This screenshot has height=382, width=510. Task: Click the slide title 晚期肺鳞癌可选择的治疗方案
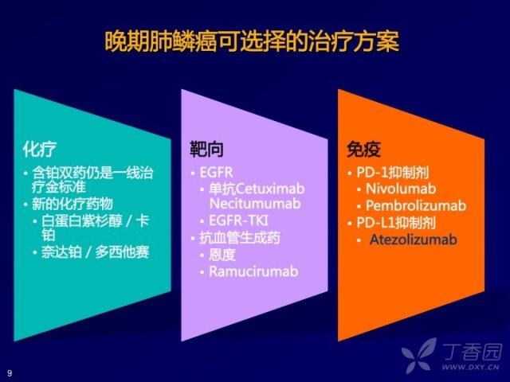[x=252, y=41]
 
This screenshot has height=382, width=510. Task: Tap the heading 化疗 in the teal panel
[x=40, y=150]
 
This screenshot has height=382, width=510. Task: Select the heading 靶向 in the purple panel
[x=206, y=150]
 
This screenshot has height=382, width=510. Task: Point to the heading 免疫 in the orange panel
[x=363, y=150]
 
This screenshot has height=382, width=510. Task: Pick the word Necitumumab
[x=255, y=204]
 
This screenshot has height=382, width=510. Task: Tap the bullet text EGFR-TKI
[x=238, y=220]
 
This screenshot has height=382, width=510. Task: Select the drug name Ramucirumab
[x=253, y=271]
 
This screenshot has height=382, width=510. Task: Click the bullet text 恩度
[x=222, y=255]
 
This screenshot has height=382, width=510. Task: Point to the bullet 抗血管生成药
[x=240, y=238]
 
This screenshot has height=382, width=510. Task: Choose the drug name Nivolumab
[x=401, y=189]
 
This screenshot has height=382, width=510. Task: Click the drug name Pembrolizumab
[x=416, y=205]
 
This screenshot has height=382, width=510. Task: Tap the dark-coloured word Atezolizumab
[x=414, y=240]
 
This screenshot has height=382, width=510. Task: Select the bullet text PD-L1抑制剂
[x=396, y=223]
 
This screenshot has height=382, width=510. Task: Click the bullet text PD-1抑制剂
[x=393, y=172]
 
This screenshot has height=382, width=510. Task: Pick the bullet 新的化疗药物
[x=73, y=204]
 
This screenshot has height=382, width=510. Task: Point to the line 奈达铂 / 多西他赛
[x=96, y=252]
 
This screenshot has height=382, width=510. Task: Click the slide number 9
[x=10, y=373]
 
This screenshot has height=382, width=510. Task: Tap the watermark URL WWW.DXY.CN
[x=470, y=367]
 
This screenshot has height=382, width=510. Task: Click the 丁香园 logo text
[x=473, y=352]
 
